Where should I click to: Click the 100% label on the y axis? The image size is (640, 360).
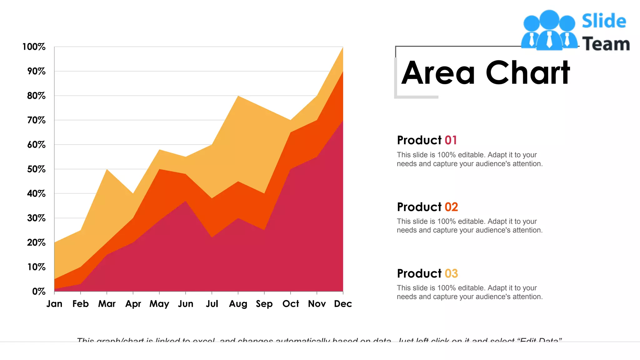point(34,47)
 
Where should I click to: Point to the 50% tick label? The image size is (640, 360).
point(36,169)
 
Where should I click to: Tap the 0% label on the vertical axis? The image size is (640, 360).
point(39,292)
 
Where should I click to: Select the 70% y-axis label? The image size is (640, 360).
point(36,120)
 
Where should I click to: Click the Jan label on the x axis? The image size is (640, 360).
point(54,304)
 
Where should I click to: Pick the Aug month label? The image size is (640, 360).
point(238,304)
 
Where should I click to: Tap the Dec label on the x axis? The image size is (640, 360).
point(343,304)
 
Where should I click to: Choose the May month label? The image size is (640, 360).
point(159,304)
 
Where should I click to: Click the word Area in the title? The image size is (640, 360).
point(438,73)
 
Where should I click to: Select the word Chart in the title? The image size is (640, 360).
point(528,73)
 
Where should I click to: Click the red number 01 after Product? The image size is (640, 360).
point(451,140)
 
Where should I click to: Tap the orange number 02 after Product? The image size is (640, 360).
point(451,207)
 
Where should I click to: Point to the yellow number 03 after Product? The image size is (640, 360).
point(451,273)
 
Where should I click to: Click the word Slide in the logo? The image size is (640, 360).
point(604,21)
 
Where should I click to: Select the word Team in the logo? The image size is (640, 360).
point(606,44)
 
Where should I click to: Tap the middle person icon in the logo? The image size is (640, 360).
point(549,30)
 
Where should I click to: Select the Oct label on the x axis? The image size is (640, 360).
point(291,304)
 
